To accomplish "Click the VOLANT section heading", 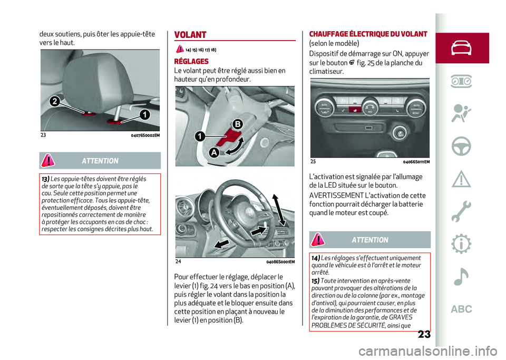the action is pos(190,35).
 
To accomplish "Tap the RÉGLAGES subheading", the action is pos(191,61).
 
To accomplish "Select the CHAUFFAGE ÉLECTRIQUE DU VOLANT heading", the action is pos(368,34).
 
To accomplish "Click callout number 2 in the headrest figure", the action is pos(55,102).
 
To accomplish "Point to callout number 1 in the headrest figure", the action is pos(145,114).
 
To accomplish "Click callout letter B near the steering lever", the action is pos(238,124).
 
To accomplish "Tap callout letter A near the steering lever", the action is pos(214,152).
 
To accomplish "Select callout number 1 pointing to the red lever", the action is pos(200,136).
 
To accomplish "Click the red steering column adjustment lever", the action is pos(227,138).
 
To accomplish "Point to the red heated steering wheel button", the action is pos(355,110).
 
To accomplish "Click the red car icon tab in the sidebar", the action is pos(462,48).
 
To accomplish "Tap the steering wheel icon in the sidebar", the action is pos(461,146).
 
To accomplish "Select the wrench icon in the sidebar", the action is pos(461,211).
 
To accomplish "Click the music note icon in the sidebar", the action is pos(461,277).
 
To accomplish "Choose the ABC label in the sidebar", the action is pos(462,309).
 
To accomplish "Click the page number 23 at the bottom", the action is pos(424,334).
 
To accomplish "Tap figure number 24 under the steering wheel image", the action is pos(178,261).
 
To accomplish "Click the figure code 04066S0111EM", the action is pos(416,162).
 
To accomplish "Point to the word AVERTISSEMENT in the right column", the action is pos(336,196).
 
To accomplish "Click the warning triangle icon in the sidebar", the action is pos(461,179).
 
